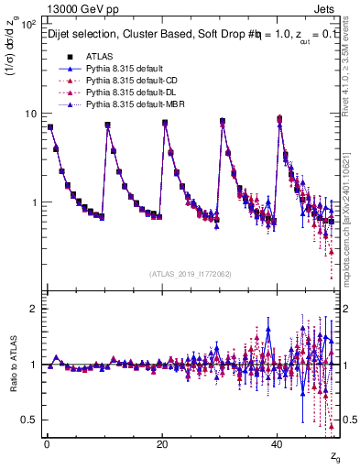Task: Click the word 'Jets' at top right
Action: (326, 8)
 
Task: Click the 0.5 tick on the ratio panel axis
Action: (28, 420)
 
